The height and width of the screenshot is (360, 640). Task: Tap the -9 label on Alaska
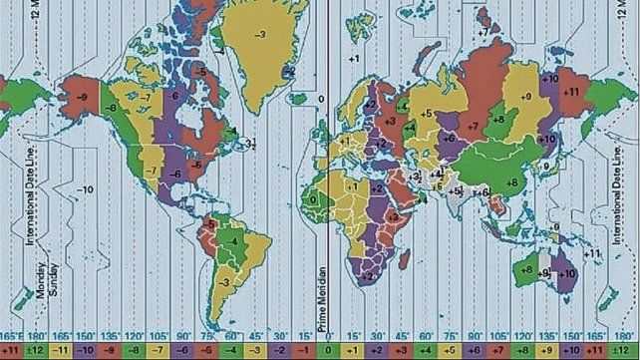pos(81,97)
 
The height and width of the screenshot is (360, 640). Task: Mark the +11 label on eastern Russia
pos(571,91)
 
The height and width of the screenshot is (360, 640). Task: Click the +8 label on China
pos(511,182)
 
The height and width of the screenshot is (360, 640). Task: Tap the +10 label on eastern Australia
pos(568,272)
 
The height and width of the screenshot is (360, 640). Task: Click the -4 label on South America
pos(232,239)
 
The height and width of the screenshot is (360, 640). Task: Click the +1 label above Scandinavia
pos(353,61)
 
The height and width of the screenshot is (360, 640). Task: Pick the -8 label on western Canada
pos(112,105)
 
